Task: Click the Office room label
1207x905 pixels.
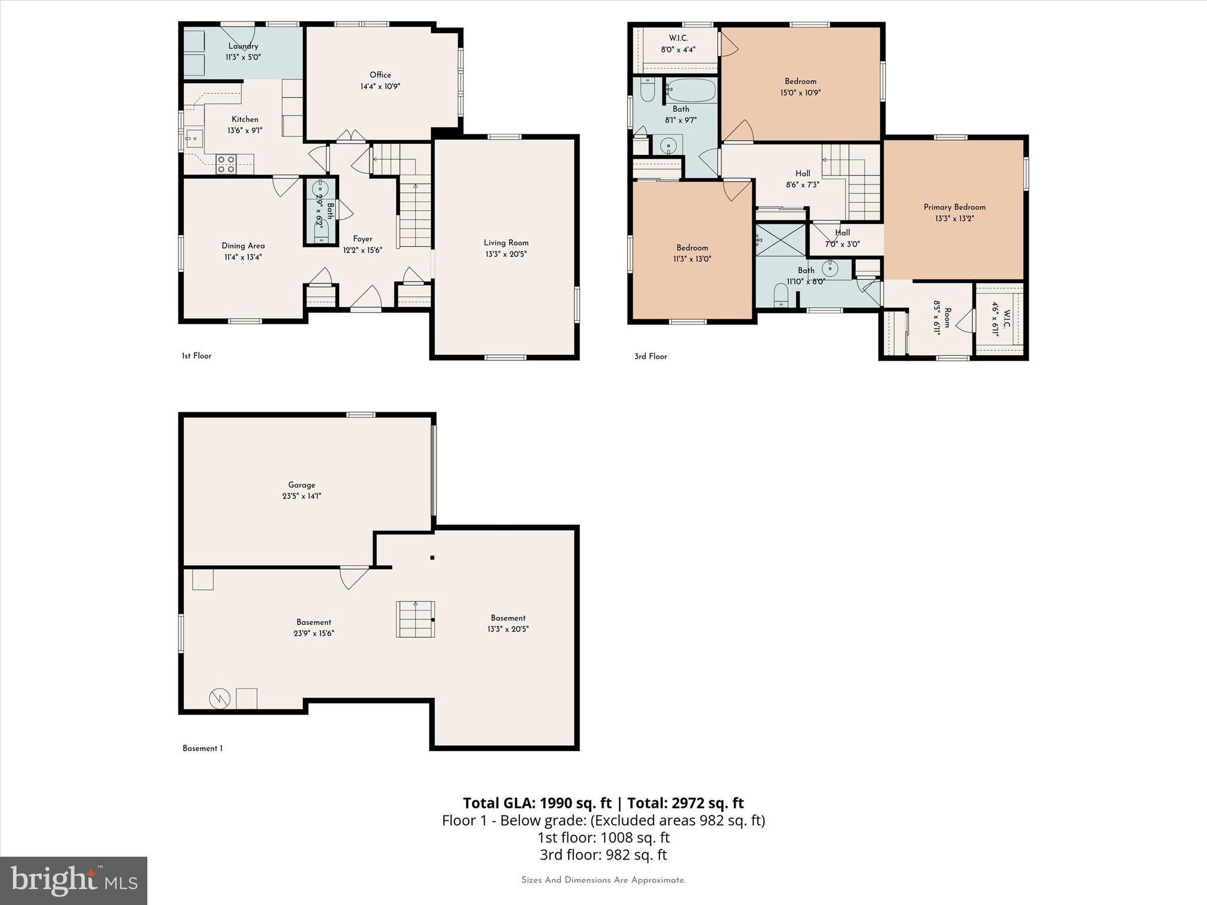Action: pyautogui.click(x=380, y=75)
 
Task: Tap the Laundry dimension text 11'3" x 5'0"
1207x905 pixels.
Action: pyautogui.click(x=243, y=57)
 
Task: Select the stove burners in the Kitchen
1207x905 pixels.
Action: pyautogui.click(x=226, y=164)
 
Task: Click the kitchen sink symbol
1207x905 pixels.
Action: pyautogui.click(x=193, y=139)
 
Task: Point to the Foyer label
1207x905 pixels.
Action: pyautogui.click(x=362, y=239)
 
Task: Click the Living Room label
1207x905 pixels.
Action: pyautogui.click(x=506, y=243)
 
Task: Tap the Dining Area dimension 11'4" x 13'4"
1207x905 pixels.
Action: pyautogui.click(x=243, y=257)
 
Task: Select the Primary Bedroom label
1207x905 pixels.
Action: pyautogui.click(x=954, y=207)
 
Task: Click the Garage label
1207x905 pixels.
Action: pyautogui.click(x=301, y=485)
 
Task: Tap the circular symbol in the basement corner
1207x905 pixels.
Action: pyautogui.click(x=219, y=699)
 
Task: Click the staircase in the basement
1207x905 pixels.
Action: pyautogui.click(x=415, y=619)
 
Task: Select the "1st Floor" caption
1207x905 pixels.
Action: pyautogui.click(x=196, y=356)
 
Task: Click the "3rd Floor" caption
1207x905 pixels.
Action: pyautogui.click(x=651, y=356)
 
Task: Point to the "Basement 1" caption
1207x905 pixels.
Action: pyautogui.click(x=202, y=748)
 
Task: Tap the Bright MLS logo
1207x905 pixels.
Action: pyautogui.click(x=74, y=881)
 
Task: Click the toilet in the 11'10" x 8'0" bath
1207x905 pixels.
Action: pyautogui.click(x=780, y=295)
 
